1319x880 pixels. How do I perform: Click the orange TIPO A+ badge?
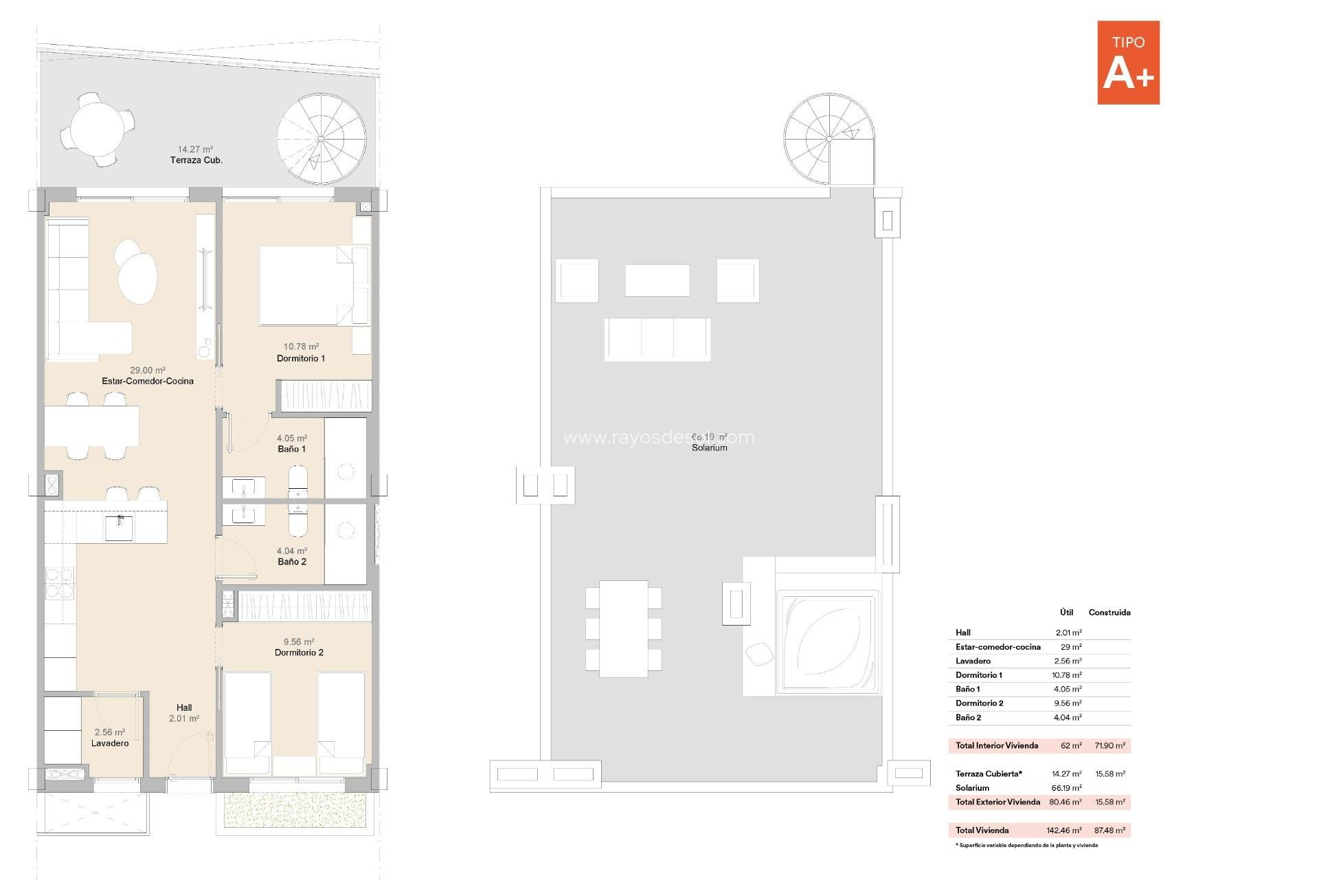tap(1128, 63)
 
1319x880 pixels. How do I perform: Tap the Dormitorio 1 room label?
tap(301, 358)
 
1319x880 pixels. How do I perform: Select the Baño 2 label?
tap(292, 562)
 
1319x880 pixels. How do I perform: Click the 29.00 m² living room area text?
tap(148, 370)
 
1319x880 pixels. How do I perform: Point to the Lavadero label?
tap(110, 743)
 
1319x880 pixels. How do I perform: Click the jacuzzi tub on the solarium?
tap(828, 643)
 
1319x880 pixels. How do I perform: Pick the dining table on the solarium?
tap(623, 628)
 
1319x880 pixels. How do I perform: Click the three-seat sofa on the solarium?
tap(657, 338)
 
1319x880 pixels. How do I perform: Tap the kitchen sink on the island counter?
tap(119, 528)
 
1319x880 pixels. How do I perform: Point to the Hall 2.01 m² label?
tap(184, 713)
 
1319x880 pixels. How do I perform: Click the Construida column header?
tap(1109, 613)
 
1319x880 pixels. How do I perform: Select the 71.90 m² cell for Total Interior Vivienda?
tap(1109, 745)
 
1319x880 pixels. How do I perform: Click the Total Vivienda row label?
tap(982, 830)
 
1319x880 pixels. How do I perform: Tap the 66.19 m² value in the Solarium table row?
tap(1066, 788)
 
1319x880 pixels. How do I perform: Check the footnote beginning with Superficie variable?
tap(1026, 846)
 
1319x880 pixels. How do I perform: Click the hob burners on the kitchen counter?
tap(60, 582)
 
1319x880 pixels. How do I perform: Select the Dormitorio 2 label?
tap(299, 652)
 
